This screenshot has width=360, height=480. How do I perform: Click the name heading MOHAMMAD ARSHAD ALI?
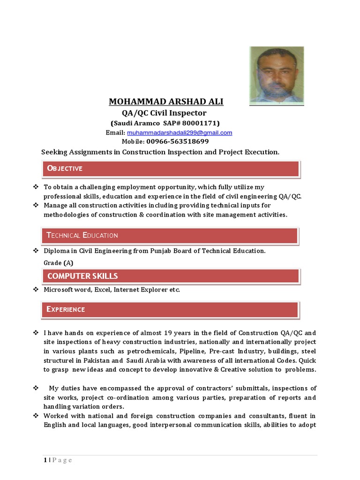point(166,102)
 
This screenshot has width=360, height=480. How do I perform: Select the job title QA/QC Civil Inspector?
point(164,113)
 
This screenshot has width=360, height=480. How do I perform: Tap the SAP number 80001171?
point(199,123)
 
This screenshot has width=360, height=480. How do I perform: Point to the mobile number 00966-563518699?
point(177,141)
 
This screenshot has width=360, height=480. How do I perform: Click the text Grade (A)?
point(59,263)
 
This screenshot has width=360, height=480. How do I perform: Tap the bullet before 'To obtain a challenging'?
point(35,187)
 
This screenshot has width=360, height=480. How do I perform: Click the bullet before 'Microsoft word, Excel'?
point(35,290)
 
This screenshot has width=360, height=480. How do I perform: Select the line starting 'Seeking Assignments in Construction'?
point(160,152)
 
